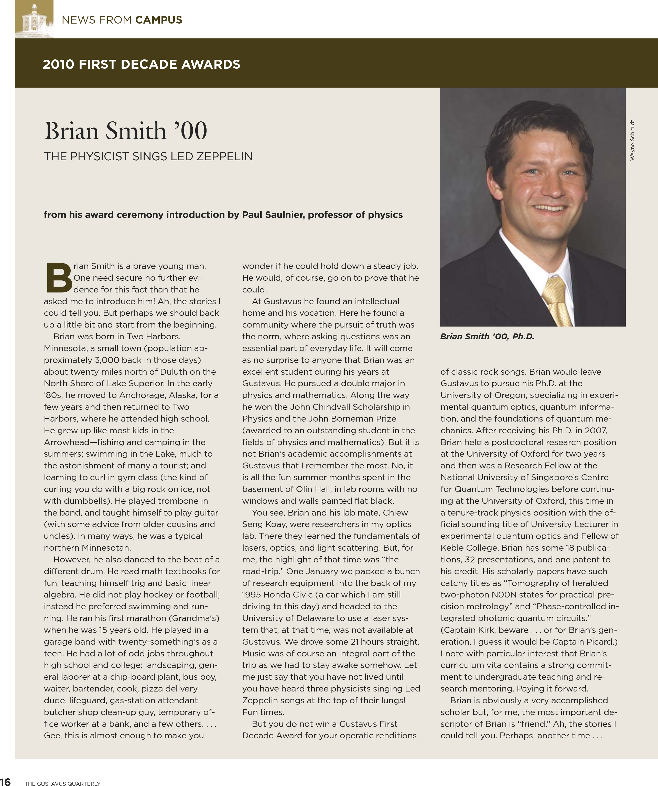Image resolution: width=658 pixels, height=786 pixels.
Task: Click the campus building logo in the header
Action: pyautogui.click(x=34, y=19)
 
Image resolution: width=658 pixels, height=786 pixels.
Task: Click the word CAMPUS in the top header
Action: pyautogui.click(x=159, y=20)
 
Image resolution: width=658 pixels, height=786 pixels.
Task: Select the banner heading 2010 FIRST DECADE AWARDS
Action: pyautogui.click(x=141, y=64)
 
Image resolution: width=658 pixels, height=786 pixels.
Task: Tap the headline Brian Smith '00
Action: pyautogui.click(x=125, y=131)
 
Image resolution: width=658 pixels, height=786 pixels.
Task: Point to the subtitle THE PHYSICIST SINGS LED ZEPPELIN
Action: pyautogui.click(x=148, y=156)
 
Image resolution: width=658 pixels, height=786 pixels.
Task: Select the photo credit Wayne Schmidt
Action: pyautogui.click(x=632, y=140)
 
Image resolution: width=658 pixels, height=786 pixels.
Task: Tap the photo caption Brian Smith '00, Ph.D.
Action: pyautogui.click(x=487, y=337)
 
